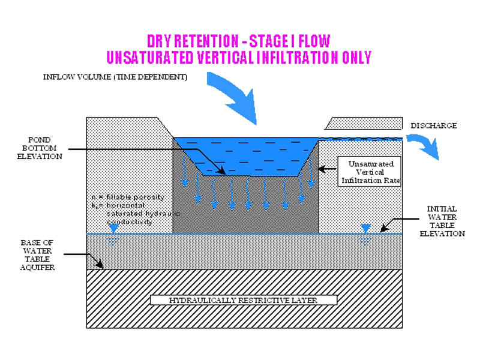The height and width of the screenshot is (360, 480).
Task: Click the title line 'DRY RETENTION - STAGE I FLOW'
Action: click(239, 41)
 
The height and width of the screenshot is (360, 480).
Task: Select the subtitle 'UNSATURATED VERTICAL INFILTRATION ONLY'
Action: click(239, 58)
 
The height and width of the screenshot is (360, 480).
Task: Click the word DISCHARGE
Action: click(434, 126)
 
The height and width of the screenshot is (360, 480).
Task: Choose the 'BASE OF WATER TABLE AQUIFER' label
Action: click(38, 254)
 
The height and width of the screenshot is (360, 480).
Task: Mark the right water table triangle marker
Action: click(364, 228)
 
